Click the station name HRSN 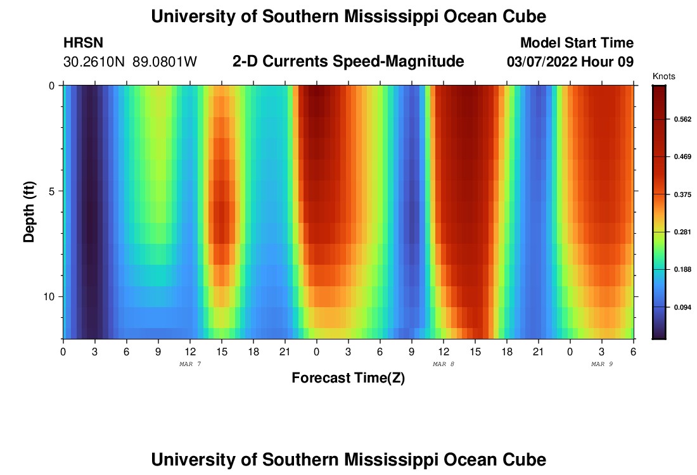click(x=83, y=43)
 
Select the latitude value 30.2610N click(x=95, y=62)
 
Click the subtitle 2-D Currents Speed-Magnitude click(x=348, y=61)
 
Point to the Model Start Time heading click(x=577, y=43)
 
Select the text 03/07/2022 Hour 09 click(x=570, y=62)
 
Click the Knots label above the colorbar click(x=663, y=77)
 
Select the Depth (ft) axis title click(x=29, y=212)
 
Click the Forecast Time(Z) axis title click(x=348, y=378)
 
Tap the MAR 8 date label click(x=444, y=364)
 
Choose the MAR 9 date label click(x=602, y=364)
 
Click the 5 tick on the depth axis click(x=52, y=191)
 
